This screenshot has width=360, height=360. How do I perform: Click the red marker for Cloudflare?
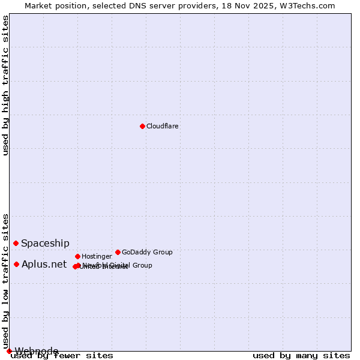tap(142, 126)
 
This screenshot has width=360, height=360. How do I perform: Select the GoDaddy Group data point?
tap(118, 252)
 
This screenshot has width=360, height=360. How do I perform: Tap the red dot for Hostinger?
tap(77, 256)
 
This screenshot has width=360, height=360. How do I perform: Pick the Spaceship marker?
tap(16, 243)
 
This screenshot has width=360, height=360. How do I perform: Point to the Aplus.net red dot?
tap(16, 264)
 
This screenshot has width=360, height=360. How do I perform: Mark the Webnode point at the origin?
tap(9, 351)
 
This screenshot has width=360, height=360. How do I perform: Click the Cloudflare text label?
tap(162, 126)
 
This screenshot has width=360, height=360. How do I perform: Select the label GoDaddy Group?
tap(147, 252)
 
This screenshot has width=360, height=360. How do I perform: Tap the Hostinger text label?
tap(97, 256)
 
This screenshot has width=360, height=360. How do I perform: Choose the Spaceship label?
tap(45, 243)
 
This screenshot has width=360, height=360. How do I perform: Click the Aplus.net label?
tap(44, 264)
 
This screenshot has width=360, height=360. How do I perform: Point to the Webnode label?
tap(37, 351)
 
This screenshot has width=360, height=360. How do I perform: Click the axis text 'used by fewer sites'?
tap(62, 355)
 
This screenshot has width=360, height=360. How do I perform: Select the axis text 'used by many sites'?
tap(301, 355)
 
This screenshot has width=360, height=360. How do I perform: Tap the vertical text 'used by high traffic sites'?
tap(6, 85)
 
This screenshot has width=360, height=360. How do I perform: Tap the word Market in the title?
tap(39, 5)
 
